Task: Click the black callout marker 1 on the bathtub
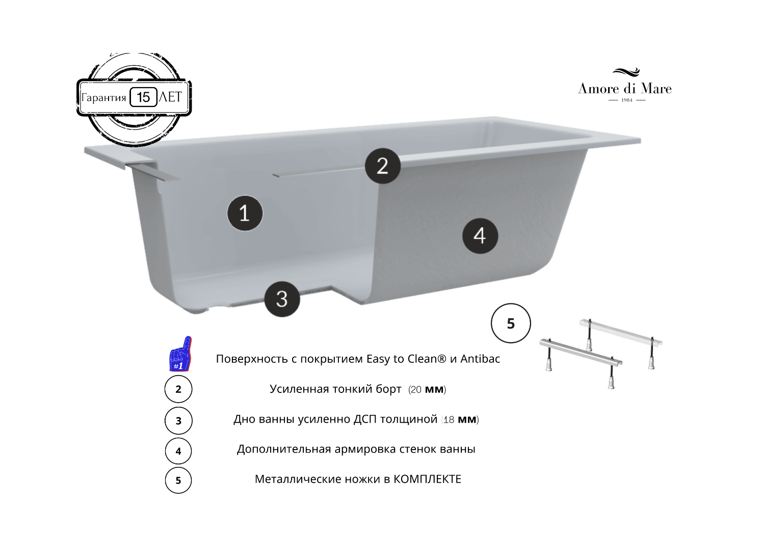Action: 245,213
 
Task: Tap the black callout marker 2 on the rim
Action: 383,166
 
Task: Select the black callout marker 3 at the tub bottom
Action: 282,299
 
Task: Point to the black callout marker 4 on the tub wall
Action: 480,235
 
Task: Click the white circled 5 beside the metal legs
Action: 511,323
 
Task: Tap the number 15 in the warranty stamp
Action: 144,97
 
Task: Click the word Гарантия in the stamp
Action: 104,98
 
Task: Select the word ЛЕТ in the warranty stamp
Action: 170,97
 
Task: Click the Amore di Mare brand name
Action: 625,89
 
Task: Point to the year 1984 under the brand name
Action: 627,100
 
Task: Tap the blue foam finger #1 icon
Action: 180,354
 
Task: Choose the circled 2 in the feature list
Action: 178,389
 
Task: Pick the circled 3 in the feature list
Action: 178,421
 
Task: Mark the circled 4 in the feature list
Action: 178,451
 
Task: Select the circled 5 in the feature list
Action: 178,480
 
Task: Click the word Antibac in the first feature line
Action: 480,359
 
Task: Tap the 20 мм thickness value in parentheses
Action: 427,389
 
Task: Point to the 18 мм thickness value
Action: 460,420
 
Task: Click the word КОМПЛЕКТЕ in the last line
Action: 427,479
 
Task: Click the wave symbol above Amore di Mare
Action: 626,72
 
